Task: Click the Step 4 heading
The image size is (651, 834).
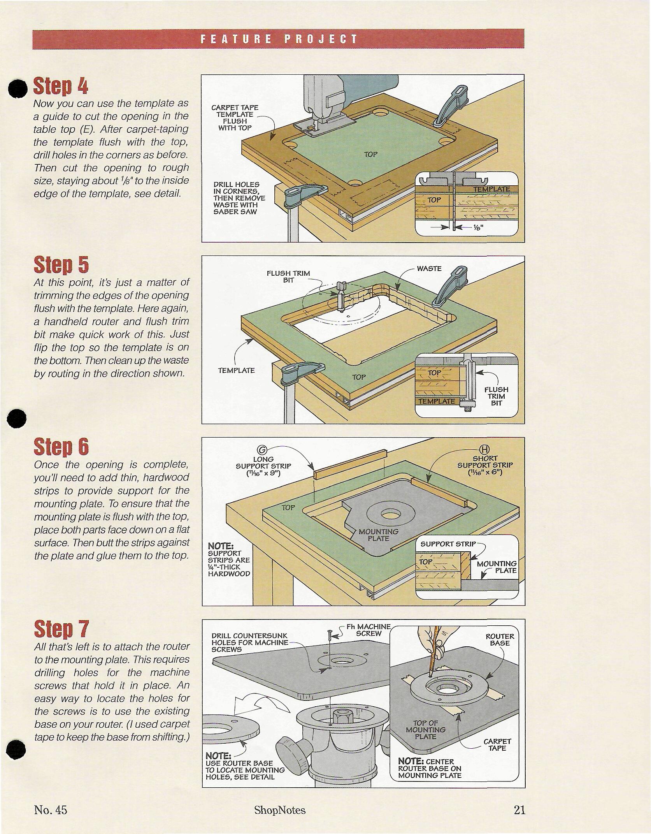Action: coord(61,86)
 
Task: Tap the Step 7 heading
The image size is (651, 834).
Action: coord(61,628)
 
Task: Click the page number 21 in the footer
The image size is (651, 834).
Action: coord(519,810)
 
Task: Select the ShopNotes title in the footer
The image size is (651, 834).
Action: coord(280,810)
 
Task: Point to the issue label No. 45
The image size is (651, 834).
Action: coord(51,810)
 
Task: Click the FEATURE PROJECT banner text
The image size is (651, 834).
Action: coord(279,39)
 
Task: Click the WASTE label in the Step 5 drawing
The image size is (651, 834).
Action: coord(429,269)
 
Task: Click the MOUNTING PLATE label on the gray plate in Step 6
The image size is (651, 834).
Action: coord(378,535)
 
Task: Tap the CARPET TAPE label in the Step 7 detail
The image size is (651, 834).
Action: coord(497,745)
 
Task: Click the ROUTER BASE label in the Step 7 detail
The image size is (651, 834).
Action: coord(500,640)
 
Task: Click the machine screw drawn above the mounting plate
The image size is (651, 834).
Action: coord(330,635)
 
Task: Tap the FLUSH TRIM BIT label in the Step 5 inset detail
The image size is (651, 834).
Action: coord(496,396)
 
